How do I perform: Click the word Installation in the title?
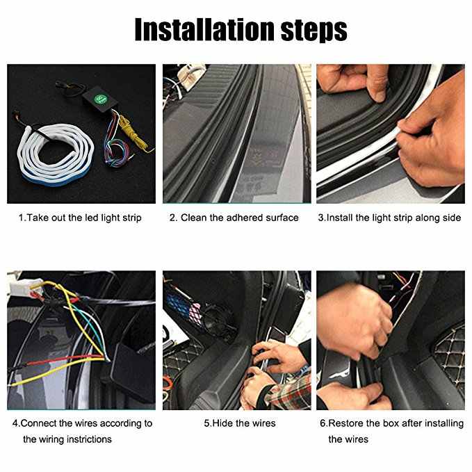[204, 29]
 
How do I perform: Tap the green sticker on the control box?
[99, 99]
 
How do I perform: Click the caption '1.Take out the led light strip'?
[80, 218]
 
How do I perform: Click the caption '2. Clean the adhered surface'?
[234, 218]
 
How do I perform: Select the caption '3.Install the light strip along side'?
[389, 218]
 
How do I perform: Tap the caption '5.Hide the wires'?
[240, 423]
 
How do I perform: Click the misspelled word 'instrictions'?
[89, 439]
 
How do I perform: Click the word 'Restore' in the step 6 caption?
[345, 423]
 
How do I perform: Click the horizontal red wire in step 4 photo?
[65, 360]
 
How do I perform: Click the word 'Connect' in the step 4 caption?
[38, 423]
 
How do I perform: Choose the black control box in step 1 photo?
[100, 99]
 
